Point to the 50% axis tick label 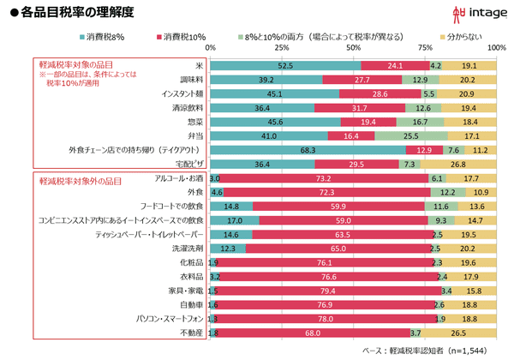353,49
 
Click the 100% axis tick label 495,49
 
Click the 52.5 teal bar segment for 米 285,65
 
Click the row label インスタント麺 179,93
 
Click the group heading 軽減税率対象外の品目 80,182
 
